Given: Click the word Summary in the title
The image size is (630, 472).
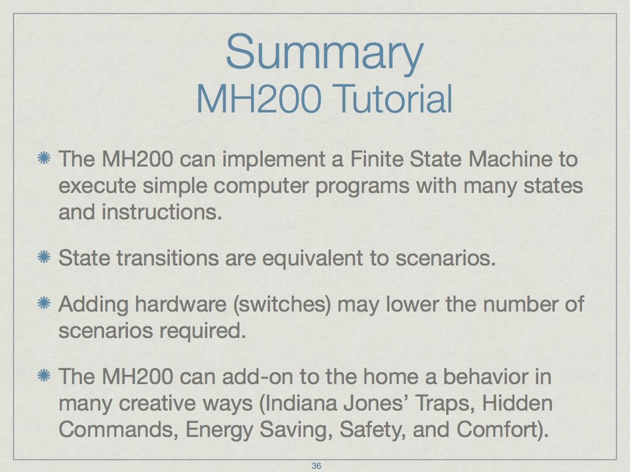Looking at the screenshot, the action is [325, 53].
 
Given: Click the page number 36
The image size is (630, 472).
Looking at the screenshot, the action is [316, 466].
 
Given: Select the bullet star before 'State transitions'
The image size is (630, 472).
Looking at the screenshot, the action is [44, 257].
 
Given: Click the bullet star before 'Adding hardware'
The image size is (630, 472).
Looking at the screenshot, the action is [44, 303].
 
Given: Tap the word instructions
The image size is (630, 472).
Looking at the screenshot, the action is [162, 212].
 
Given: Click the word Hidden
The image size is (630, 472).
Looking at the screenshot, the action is [517, 403].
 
